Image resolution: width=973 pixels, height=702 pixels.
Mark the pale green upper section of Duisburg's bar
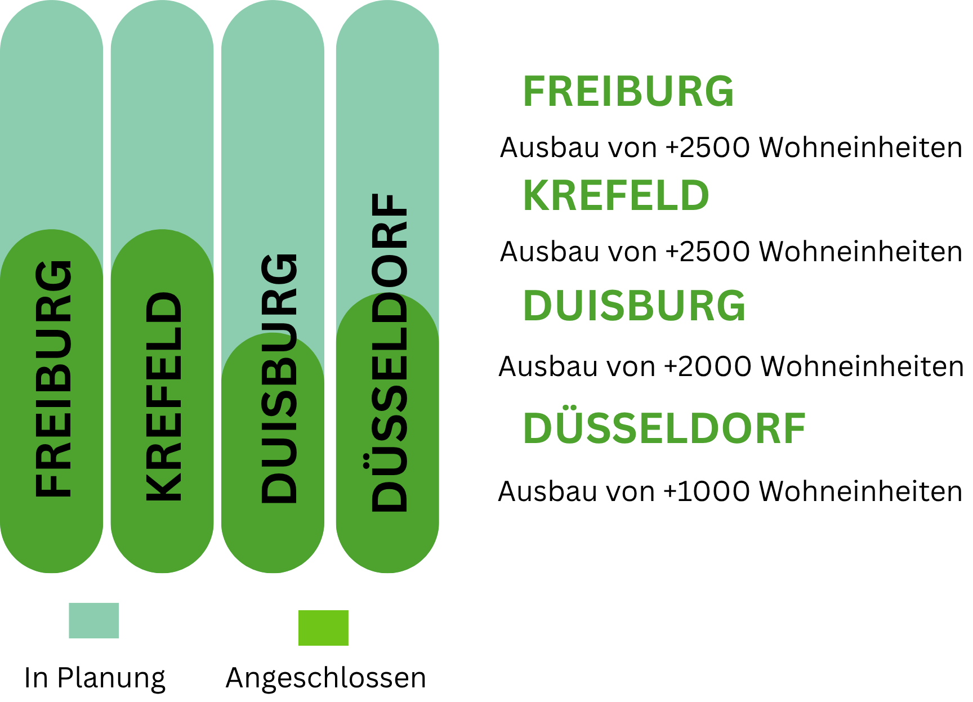pos(273,141)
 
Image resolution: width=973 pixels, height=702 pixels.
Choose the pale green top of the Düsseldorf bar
pos(387,113)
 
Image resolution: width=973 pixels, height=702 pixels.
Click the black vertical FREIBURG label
pos(53,378)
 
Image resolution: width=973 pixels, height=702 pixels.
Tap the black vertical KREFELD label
pos(164,396)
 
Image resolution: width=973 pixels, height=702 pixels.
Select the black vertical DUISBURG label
pos(279,378)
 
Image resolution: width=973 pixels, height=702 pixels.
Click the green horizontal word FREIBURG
pos(628,91)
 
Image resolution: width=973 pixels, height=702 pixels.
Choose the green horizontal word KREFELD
pos(616,195)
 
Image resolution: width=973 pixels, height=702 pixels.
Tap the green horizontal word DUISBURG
pos(634,306)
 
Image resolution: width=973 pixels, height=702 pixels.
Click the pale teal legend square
pos(94,620)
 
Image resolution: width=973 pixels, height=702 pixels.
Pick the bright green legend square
pos(323,628)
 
